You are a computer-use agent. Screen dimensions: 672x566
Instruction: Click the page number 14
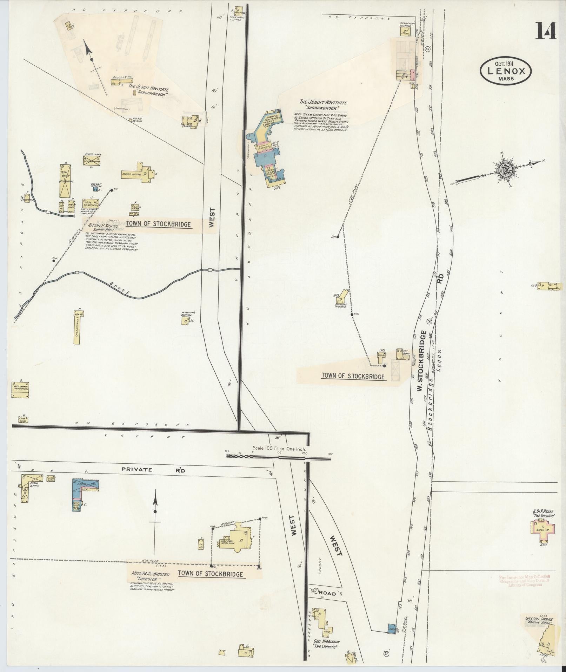[x=545, y=31]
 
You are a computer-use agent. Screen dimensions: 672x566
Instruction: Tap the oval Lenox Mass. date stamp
[x=506, y=71]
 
